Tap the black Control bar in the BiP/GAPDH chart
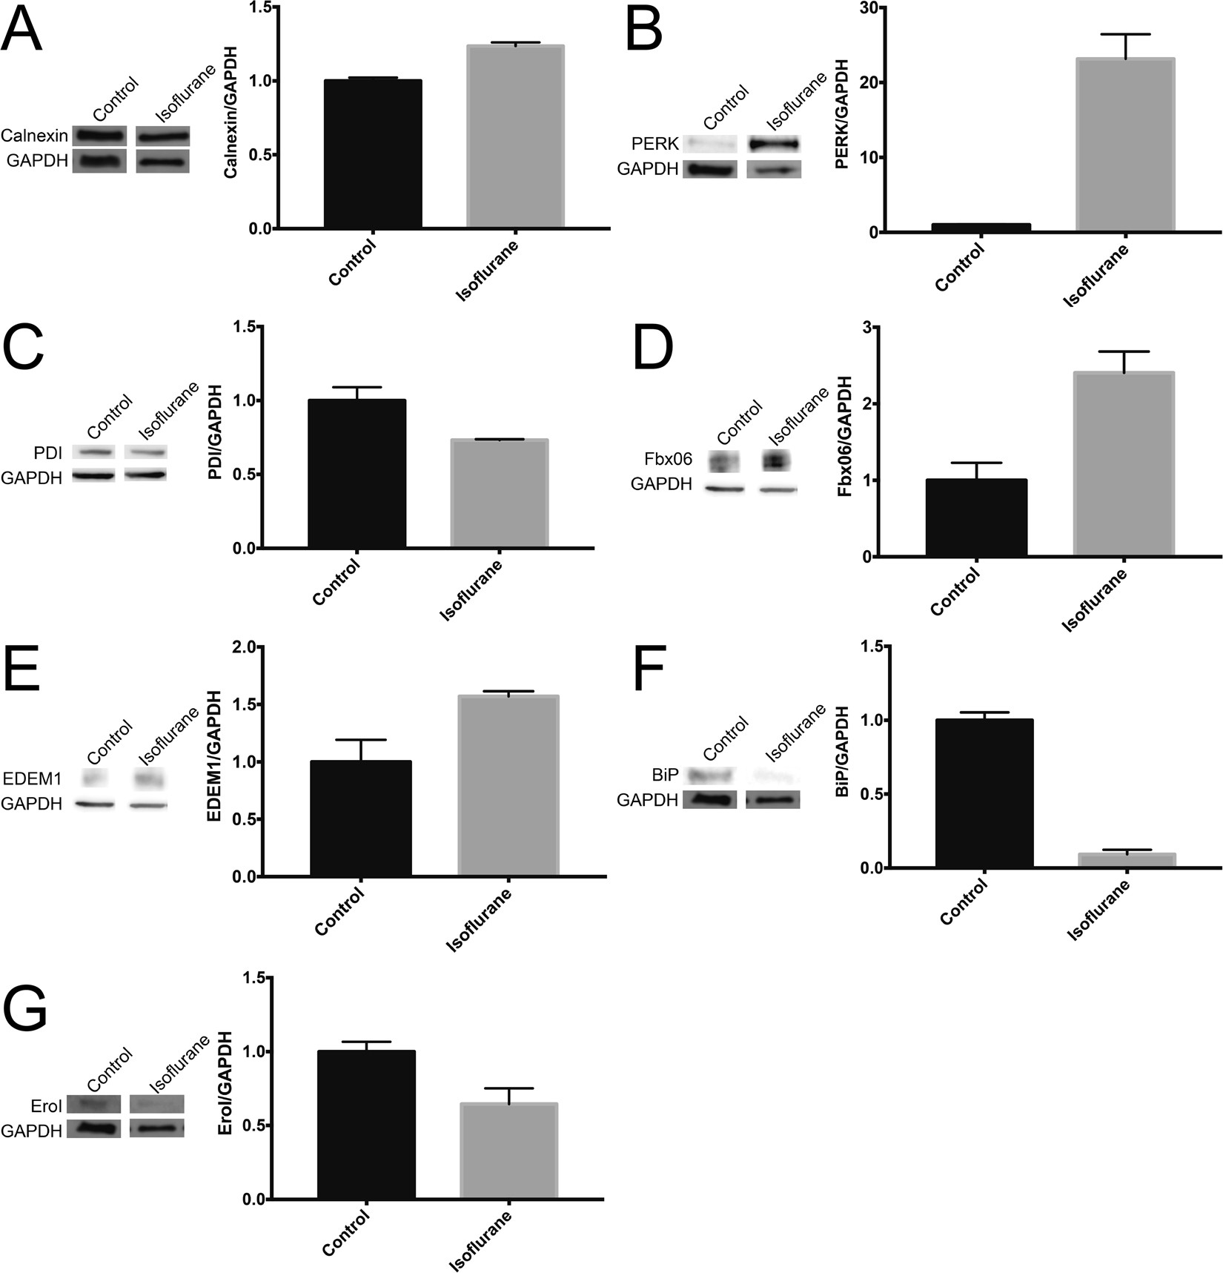pyautogui.click(x=984, y=793)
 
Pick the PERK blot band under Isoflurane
pyautogui.click(x=773, y=144)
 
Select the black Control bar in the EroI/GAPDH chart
pyautogui.click(x=366, y=1124)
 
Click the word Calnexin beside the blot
pyautogui.click(x=34, y=136)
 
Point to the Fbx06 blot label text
pyautogui.click(x=668, y=460)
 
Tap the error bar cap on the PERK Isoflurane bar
pyautogui.click(x=1125, y=35)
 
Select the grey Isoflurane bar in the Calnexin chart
pyautogui.click(x=515, y=136)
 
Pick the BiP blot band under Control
pyautogui.click(x=709, y=776)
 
